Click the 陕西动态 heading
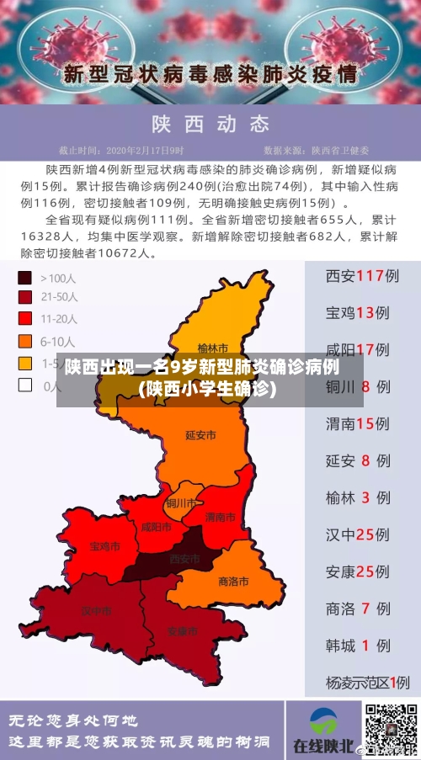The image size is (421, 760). tap(210, 125)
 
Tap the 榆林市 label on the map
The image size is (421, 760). tap(213, 348)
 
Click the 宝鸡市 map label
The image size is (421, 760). tap(105, 546)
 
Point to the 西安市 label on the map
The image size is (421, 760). tap(185, 559)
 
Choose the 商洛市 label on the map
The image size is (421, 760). tap(233, 581)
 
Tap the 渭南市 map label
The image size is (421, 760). tap(221, 517)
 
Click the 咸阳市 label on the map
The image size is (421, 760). tap(157, 527)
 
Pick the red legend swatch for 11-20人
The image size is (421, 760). tap(25, 319)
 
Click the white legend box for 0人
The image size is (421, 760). tap(25, 385)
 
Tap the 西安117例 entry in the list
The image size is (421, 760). tap(362, 276)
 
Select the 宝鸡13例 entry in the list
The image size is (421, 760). tap(362, 313)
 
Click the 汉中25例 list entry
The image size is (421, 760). tap(362, 534)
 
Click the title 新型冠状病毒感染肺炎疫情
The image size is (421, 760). tap(210, 73)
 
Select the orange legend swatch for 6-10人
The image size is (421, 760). tap(25, 341)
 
